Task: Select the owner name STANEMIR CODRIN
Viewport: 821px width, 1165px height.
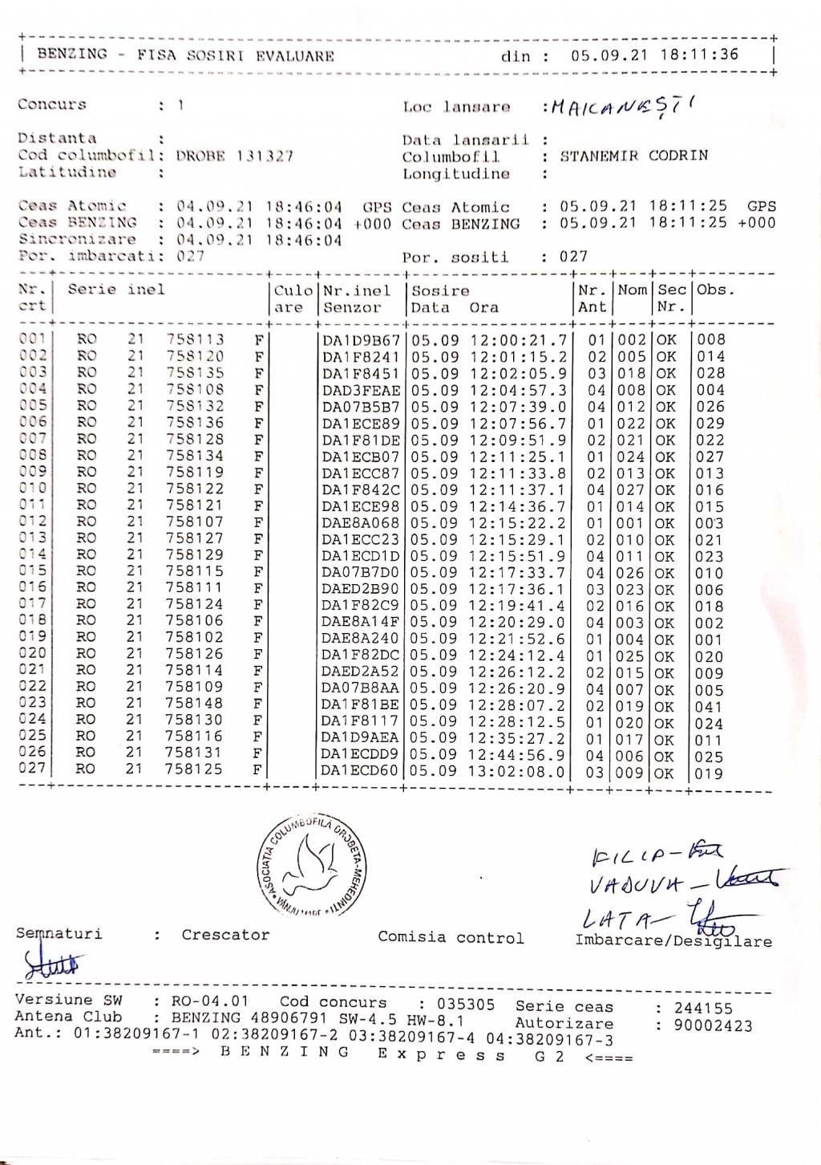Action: pos(633,156)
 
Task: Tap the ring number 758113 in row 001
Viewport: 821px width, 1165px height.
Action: pos(195,339)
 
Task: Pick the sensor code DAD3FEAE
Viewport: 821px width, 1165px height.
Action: pos(361,390)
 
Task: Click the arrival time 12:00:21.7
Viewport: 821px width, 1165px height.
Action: pos(518,340)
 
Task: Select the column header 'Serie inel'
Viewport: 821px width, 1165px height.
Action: pos(116,290)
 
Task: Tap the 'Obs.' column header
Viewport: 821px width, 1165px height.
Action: pos(715,290)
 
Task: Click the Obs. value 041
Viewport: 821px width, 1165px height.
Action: pos(710,707)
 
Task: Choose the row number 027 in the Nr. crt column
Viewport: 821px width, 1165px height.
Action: pos(32,768)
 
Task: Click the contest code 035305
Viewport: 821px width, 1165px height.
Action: pos(466,1004)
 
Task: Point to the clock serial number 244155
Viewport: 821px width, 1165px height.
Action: pos(703,1008)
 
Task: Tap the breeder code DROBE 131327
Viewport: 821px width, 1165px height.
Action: pos(235,156)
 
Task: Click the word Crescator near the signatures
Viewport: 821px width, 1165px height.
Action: pos(225,935)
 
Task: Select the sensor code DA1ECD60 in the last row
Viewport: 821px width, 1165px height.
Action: pos(360,771)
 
